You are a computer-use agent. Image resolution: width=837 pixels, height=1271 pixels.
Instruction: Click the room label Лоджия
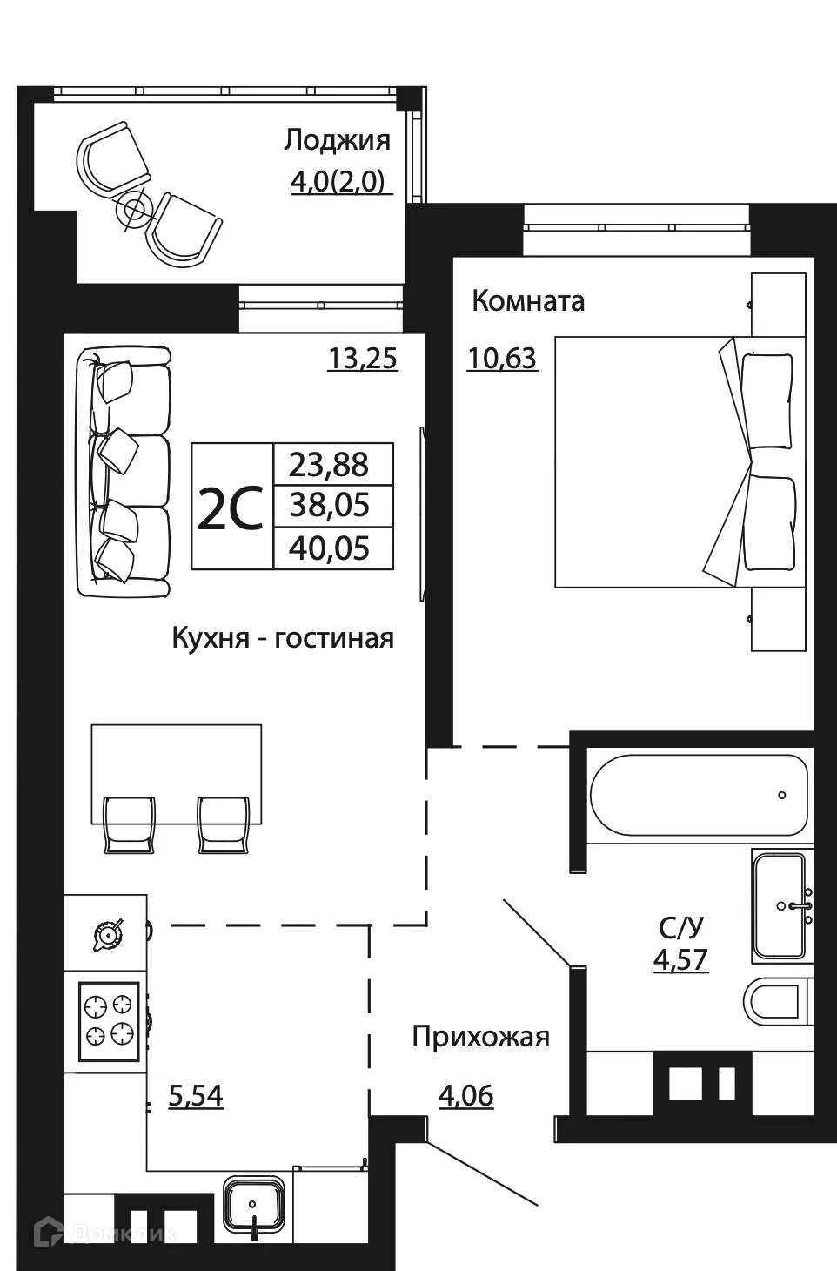pos(337,140)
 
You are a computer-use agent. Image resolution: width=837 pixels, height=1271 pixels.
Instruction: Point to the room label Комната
pos(527,301)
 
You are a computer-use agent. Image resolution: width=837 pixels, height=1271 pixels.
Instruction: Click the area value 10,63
pos(502,358)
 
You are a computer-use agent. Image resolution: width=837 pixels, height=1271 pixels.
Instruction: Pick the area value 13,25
pos(362,358)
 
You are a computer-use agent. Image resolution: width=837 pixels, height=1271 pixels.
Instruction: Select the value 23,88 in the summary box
pos(329,465)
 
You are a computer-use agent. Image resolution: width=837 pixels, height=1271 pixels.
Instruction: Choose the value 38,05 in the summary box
pos(329,505)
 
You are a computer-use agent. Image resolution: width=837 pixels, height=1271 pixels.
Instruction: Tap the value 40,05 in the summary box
pos(329,548)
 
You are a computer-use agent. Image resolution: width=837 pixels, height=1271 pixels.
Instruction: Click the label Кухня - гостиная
pos(283,638)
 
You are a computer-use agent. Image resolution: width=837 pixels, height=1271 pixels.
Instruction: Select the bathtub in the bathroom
pos(699,795)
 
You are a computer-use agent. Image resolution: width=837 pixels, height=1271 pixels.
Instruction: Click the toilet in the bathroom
pos(777,1002)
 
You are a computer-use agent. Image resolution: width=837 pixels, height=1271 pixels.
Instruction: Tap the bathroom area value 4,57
pos(680,959)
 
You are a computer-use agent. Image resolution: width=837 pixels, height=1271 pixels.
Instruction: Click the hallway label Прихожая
pos(480,1037)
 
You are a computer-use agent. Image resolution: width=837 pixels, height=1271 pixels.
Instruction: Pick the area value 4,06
pos(465,1095)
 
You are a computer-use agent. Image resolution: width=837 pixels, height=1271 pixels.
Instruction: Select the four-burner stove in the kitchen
pos(109,1021)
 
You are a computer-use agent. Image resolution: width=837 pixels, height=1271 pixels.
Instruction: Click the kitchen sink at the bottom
pos(253,1206)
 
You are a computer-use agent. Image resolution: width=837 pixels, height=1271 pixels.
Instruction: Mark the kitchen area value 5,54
pos(195,1095)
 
